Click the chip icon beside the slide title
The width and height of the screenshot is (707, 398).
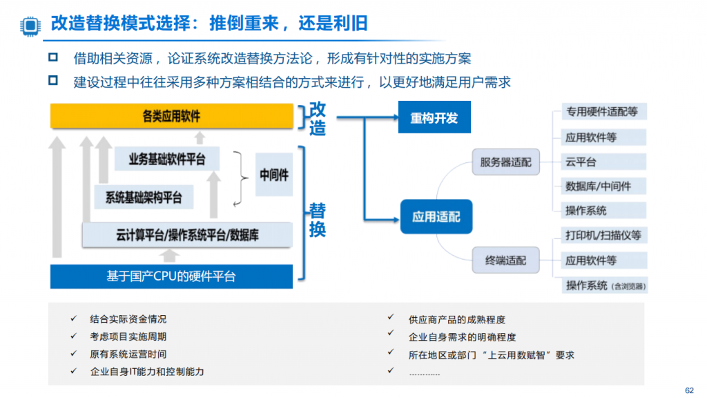[x=30, y=26]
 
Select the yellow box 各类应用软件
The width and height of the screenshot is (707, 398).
[x=171, y=116]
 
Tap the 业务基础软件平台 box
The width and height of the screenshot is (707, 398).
[x=167, y=159]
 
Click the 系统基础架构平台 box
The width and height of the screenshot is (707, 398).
[x=144, y=197]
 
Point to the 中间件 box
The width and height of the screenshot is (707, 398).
[x=273, y=175]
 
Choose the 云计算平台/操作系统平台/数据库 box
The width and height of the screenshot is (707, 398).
[x=187, y=235]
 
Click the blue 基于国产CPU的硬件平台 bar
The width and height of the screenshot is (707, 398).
[x=171, y=276]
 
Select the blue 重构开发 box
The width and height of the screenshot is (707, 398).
[x=434, y=117]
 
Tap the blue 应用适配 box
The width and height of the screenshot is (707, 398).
[x=436, y=216]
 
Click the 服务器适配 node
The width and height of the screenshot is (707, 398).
[x=505, y=162]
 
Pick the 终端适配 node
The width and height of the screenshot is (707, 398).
[x=505, y=260]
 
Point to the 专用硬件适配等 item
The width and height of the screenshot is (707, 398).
[x=603, y=111]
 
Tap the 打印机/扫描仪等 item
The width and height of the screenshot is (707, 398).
[x=603, y=235]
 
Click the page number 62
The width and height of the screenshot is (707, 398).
[x=690, y=390]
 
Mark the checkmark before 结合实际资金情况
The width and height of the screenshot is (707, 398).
[x=73, y=319]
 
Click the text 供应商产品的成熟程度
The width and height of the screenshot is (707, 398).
[x=457, y=319]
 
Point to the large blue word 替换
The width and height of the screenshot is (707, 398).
[x=318, y=220]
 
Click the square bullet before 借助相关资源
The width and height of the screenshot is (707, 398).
[x=53, y=57]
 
